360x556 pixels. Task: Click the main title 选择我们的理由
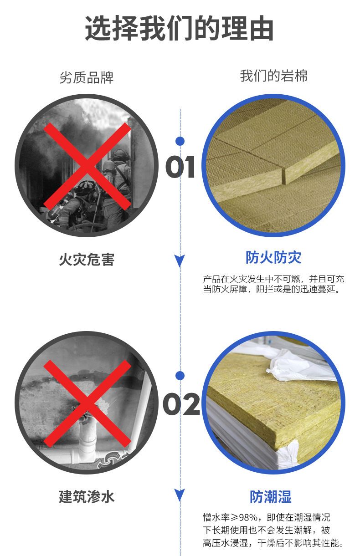coord(179,28)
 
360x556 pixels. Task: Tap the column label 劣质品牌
coord(87,77)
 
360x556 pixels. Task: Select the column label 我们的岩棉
coord(273,76)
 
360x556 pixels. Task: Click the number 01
coord(180,167)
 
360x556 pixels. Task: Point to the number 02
coord(181,404)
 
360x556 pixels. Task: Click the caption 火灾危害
coord(87,260)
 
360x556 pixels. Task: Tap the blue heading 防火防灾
coord(273,257)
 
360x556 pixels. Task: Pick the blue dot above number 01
coord(180,141)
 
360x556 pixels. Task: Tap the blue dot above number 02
coord(180,376)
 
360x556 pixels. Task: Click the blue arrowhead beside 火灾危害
coord(180,260)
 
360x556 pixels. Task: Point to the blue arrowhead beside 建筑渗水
coord(180,495)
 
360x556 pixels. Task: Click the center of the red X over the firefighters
coord(87,166)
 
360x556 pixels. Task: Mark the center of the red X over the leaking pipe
coord(87,403)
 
